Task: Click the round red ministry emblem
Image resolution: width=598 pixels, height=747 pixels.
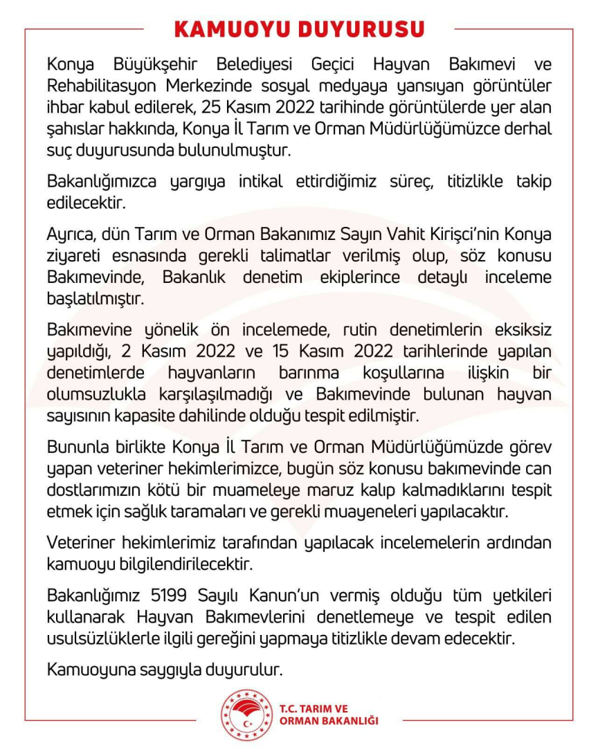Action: tap(247, 716)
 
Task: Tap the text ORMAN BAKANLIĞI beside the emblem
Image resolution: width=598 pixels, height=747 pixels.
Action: tap(329, 721)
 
